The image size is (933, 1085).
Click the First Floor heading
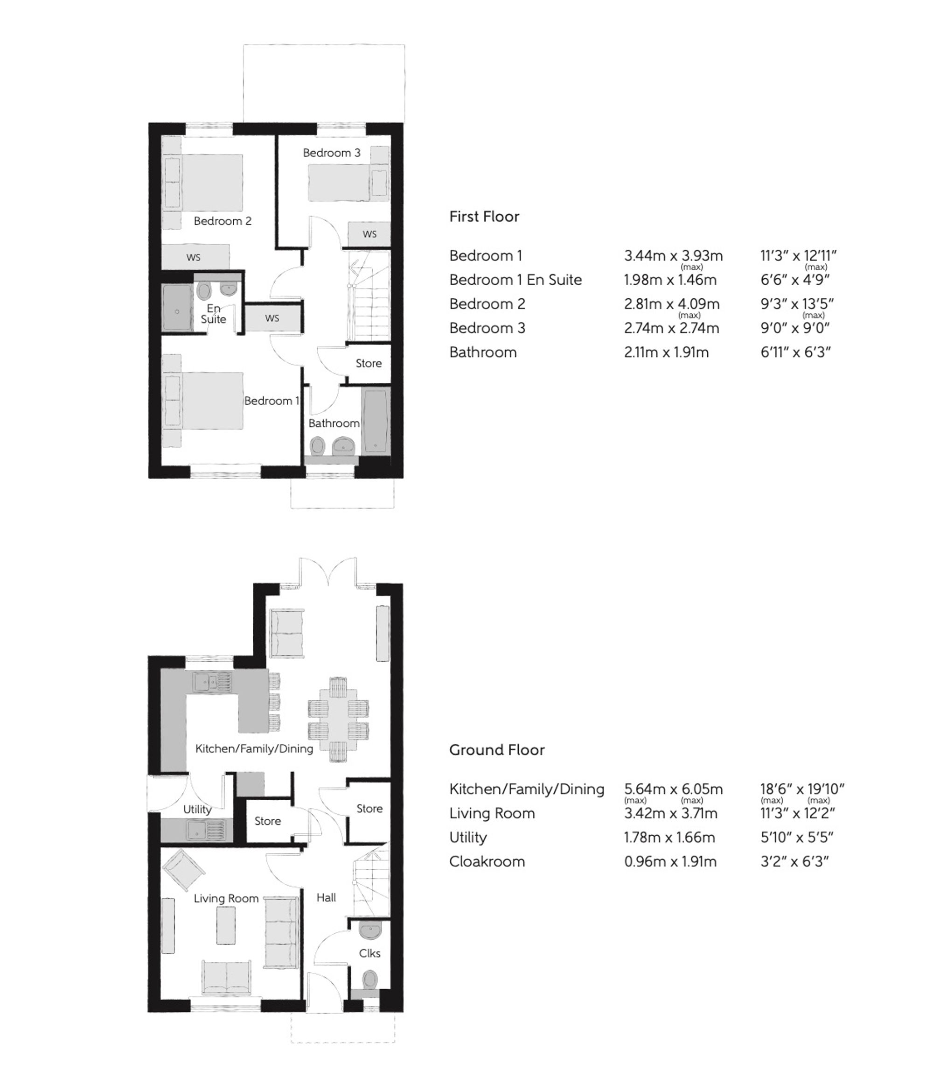(484, 217)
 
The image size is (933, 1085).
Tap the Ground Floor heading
(496, 750)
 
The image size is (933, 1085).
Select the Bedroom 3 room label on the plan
(331, 153)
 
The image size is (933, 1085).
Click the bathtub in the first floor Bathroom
(375, 422)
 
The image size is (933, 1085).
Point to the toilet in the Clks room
(370, 978)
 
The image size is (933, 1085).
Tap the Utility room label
(197, 809)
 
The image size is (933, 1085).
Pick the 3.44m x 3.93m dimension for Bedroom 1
(673, 256)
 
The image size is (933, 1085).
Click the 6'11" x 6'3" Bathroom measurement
(795, 352)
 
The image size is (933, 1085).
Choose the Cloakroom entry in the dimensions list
(487, 861)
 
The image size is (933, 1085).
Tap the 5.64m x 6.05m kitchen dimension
(673, 789)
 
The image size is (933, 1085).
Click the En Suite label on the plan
(214, 314)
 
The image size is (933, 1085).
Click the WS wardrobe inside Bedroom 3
(369, 234)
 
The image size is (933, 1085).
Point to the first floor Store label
(369, 363)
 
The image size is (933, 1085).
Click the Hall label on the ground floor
(326, 897)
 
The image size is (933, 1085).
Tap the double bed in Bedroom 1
(209, 401)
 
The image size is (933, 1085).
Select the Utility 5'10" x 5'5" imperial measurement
(796, 837)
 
